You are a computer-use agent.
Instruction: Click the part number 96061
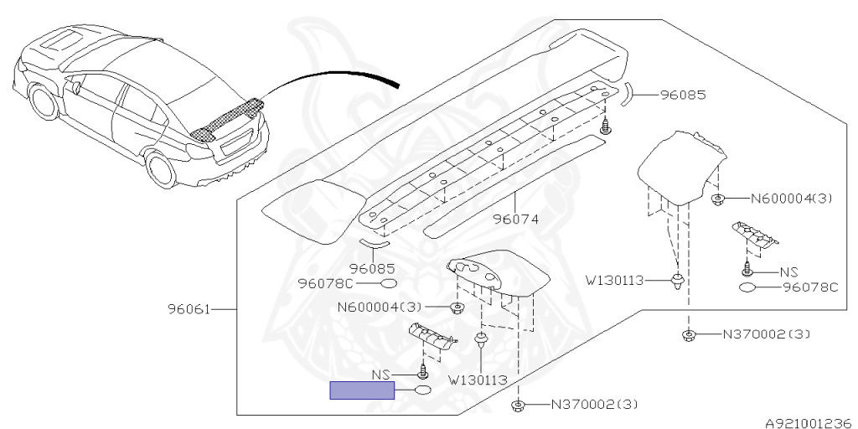click(189, 309)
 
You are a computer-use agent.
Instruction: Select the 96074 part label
click(515, 220)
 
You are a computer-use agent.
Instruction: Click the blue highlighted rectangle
click(361, 390)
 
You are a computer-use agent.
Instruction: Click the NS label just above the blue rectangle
click(381, 375)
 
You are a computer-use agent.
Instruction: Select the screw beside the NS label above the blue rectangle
click(422, 372)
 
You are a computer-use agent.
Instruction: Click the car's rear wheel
click(162, 170)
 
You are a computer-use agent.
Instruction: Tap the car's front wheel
click(44, 101)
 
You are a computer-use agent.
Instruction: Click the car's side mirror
click(76, 86)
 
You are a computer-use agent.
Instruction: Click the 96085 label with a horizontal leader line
click(683, 95)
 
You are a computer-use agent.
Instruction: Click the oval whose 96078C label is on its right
click(747, 287)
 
